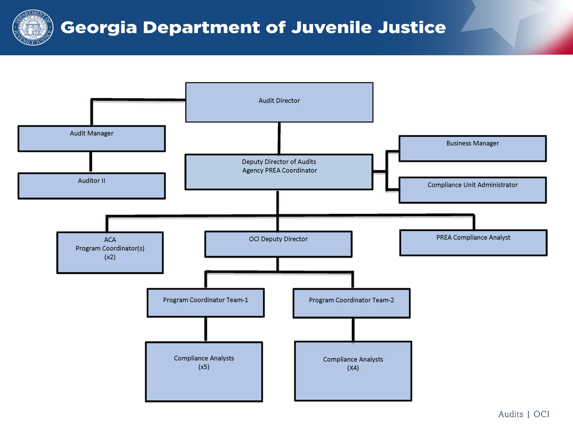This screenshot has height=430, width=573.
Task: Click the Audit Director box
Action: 279,102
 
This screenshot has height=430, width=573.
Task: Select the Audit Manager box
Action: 92,138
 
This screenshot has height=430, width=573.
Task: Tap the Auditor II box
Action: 92,185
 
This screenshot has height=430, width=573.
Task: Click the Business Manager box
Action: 472,148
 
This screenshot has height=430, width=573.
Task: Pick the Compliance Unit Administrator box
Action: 472,190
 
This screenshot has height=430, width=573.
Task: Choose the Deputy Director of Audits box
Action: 279,171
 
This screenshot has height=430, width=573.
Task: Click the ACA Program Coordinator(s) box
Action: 110,252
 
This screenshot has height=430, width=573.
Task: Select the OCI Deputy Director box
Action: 278,244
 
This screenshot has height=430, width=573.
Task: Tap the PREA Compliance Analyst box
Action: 472,242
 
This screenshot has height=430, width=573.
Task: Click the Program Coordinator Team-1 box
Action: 205,303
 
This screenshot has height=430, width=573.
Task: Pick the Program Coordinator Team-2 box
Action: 351,303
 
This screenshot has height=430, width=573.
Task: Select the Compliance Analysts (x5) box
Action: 204,371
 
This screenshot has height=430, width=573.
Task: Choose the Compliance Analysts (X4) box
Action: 352,370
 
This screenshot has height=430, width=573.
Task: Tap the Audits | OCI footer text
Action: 524,414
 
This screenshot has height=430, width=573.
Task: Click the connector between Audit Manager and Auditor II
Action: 90,162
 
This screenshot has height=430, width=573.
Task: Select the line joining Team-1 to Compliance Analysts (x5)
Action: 206,330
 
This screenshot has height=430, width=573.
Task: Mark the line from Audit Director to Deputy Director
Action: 279,138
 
